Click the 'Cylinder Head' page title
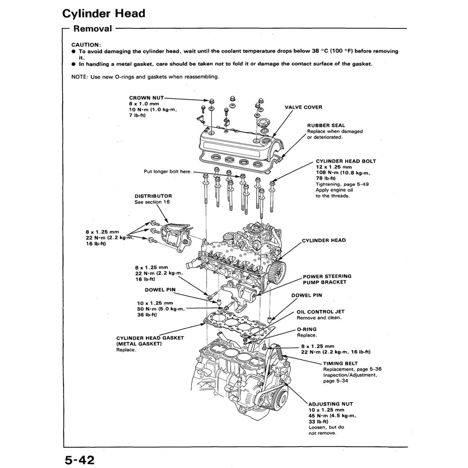(x=104, y=13)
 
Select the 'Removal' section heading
(x=93, y=29)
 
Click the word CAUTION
(x=86, y=45)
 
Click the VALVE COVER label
(x=303, y=107)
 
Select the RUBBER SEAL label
(x=326, y=125)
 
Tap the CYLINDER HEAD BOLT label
(x=346, y=161)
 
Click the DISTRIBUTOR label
(x=153, y=196)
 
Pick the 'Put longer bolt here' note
(x=167, y=172)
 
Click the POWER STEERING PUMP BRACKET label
(x=327, y=279)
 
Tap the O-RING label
(x=306, y=329)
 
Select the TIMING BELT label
(x=340, y=363)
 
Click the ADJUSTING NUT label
(x=330, y=404)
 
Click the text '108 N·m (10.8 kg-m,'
(x=343, y=173)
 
